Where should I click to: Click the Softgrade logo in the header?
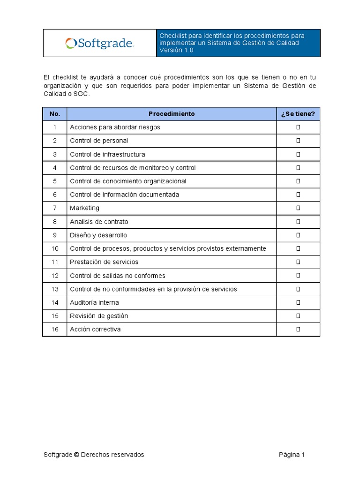(x=100, y=44)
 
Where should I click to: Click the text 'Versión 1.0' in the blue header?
(x=176, y=50)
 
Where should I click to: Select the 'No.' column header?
(x=55, y=114)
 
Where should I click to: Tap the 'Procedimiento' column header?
(x=172, y=114)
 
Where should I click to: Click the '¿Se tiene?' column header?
(x=298, y=114)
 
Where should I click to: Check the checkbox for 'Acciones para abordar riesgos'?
(x=298, y=127)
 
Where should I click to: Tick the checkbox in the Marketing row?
(x=298, y=208)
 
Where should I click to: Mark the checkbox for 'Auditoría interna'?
(x=298, y=303)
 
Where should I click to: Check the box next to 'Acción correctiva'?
(x=298, y=330)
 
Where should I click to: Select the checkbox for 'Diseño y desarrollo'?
(x=298, y=235)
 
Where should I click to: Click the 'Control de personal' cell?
(x=99, y=141)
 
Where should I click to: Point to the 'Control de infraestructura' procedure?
(x=107, y=154)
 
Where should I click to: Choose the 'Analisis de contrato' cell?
(x=99, y=222)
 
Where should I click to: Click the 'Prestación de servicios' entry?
(x=104, y=262)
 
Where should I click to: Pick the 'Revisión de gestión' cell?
(x=99, y=316)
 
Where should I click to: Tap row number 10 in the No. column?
(x=55, y=249)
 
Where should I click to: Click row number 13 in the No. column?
(x=55, y=289)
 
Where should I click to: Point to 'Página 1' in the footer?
(x=292, y=455)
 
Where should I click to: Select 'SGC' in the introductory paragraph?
(x=81, y=94)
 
